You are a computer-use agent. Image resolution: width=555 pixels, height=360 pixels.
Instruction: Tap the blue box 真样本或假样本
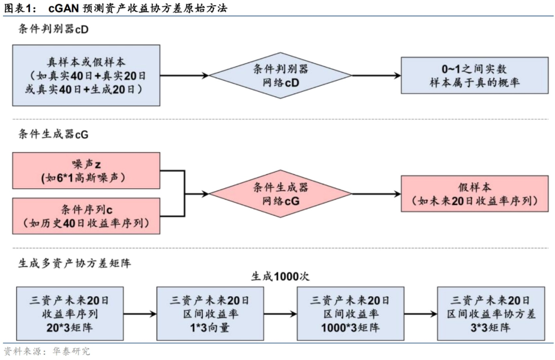[x=86, y=75]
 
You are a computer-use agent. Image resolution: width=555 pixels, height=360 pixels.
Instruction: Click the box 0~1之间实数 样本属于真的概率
[x=474, y=75]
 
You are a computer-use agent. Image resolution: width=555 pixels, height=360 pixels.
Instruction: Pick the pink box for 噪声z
[x=86, y=170]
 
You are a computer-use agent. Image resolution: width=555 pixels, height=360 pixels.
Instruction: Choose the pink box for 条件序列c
[x=86, y=216]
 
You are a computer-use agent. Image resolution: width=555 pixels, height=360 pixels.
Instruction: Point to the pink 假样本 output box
[x=474, y=194]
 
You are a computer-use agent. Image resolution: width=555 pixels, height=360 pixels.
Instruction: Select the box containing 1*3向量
[x=210, y=313]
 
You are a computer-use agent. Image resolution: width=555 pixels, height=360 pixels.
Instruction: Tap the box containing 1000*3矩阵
[x=349, y=313]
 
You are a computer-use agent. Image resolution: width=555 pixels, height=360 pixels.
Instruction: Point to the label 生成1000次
[x=280, y=276]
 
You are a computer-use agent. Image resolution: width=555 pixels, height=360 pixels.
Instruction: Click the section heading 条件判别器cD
[x=53, y=29]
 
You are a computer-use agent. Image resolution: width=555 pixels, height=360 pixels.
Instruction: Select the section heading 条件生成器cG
[x=53, y=135]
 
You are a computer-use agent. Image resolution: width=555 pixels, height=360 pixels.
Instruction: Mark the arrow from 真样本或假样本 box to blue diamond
[x=184, y=76]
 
